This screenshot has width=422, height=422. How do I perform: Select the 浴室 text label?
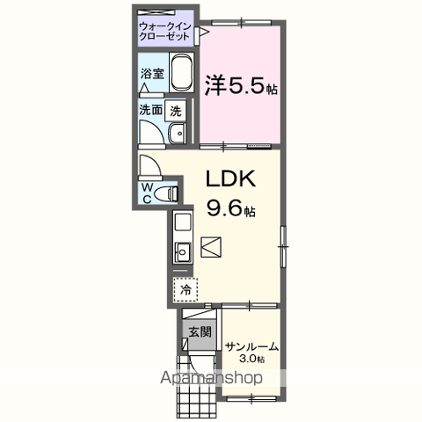(151, 74)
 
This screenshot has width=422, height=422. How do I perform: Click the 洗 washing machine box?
(176, 112)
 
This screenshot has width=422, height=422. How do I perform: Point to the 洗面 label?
(150, 111)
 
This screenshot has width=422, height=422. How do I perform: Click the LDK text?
(230, 178)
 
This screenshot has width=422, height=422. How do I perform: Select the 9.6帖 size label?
(230, 210)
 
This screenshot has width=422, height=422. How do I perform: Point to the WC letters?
(147, 192)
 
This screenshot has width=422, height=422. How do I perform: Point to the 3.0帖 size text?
(251, 360)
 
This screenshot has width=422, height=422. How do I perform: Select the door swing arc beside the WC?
(148, 166)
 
